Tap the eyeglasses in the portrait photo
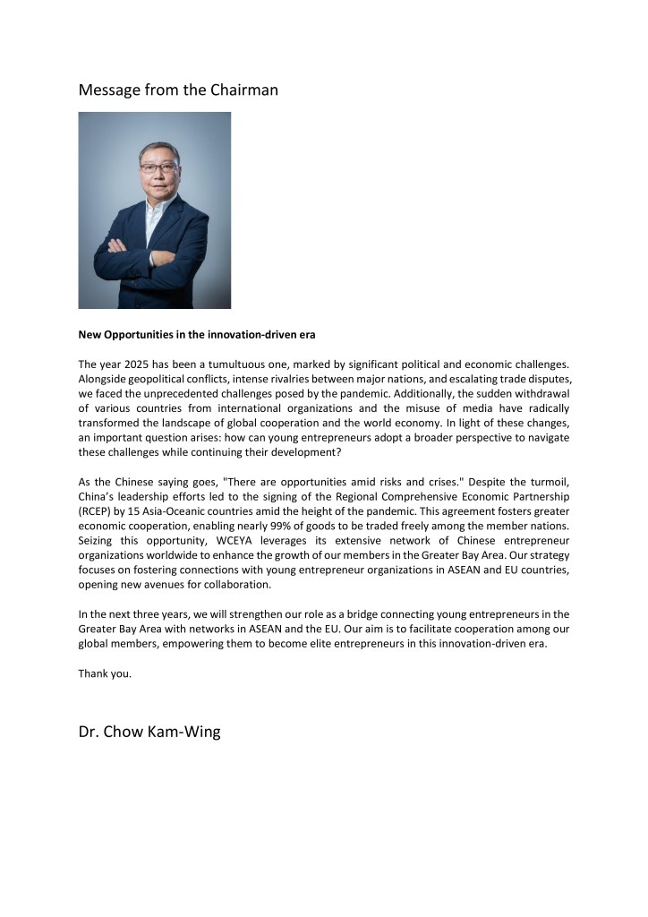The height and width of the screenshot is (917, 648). coord(158,167)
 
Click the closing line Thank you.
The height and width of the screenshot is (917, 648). coord(105,673)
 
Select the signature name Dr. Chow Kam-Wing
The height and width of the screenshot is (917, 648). coord(149,732)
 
